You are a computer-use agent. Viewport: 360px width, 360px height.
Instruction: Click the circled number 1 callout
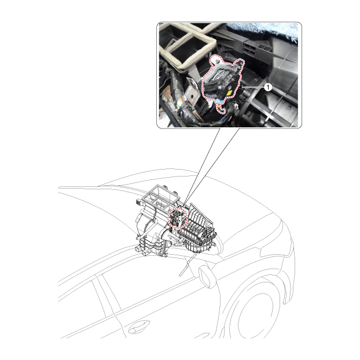click(268, 87)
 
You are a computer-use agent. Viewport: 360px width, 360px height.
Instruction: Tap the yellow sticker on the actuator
click(229, 93)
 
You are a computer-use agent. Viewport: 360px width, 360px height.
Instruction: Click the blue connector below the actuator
click(220, 101)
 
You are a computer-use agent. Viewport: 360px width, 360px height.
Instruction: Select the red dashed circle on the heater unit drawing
click(178, 218)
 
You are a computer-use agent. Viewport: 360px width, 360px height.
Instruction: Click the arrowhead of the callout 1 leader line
click(241, 87)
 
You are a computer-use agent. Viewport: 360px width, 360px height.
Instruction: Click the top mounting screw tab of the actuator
click(216, 61)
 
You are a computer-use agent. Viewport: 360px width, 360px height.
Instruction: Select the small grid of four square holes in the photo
click(249, 47)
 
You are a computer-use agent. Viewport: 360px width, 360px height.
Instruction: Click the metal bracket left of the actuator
click(192, 92)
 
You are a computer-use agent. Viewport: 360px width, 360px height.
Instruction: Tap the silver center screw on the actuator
click(220, 87)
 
